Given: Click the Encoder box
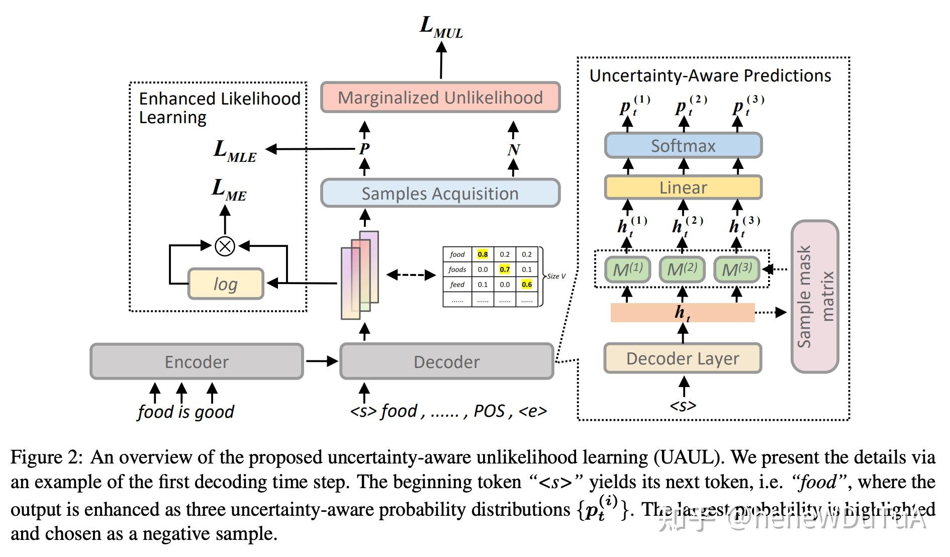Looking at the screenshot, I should click(x=197, y=361).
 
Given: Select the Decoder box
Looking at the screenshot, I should click(x=446, y=361).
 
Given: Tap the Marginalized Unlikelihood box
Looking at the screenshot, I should click(x=440, y=97).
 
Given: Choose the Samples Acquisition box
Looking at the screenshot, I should click(x=440, y=193).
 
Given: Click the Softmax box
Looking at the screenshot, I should click(x=683, y=145).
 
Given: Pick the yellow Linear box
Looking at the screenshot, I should click(x=683, y=188).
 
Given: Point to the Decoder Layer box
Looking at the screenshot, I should click(x=683, y=358).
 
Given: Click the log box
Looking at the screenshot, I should click(x=226, y=284).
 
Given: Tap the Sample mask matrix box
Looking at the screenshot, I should click(x=815, y=297).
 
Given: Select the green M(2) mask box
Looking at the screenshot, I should click(x=682, y=269).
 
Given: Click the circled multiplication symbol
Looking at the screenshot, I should click(x=225, y=246).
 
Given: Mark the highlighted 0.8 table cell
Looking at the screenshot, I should click(x=483, y=254).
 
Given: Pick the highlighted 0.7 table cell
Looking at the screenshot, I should click(x=505, y=269).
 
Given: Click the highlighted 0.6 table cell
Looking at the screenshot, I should click(x=527, y=285).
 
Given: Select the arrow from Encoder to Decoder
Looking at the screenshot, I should click(x=322, y=361).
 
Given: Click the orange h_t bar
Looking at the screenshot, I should click(x=682, y=313).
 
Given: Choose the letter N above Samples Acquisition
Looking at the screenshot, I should click(x=513, y=149).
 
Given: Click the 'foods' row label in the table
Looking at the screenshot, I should click(x=457, y=269).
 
